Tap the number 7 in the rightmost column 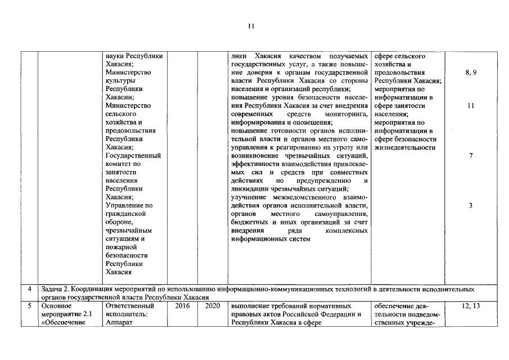(471, 156)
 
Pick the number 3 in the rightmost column (471, 205)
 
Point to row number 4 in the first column (29, 289)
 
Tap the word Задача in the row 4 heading (55, 289)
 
